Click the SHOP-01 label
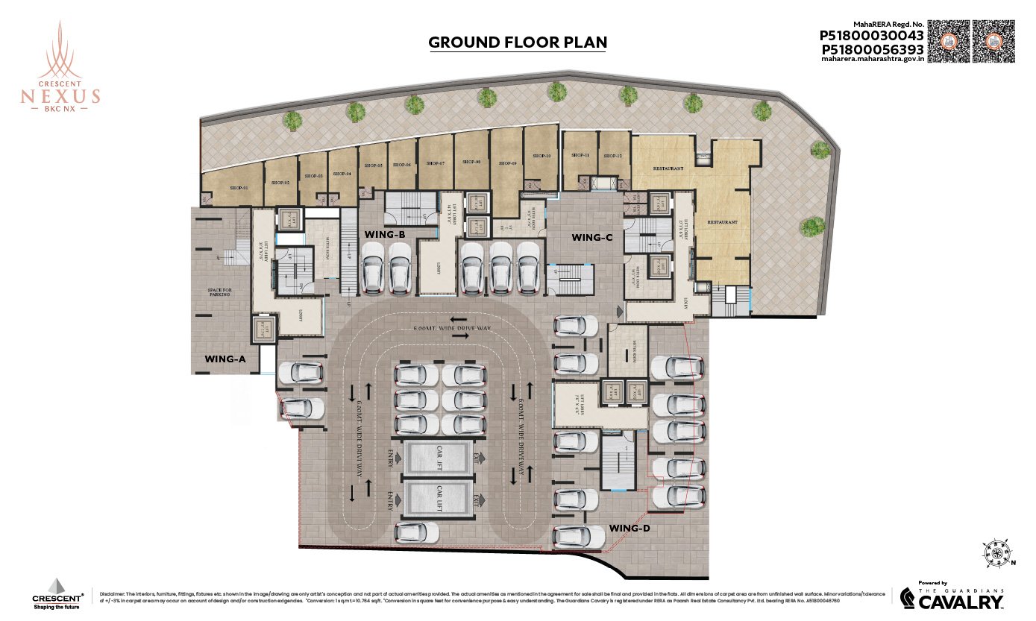click(x=238, y=187)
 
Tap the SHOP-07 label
click(x=436, y=163)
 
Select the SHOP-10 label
click(x=541, y=157)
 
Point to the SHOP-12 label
click(x=613, y=155)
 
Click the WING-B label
click(x=385, y=234)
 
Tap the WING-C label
click(x=591, y=237)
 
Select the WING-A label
click(x=225, y=359)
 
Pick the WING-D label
click(x=630, y=528)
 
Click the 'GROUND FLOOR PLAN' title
click(x=518, y=42)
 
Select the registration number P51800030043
click(x=872, y=35)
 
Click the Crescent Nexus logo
click(x=60, y=67)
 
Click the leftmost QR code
click(x=949, y=41)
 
